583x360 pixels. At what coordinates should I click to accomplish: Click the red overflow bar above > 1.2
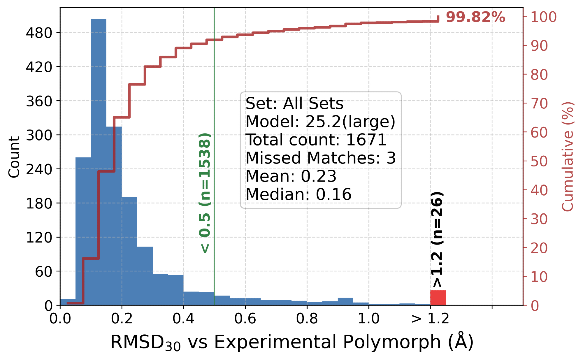tap(438, 298)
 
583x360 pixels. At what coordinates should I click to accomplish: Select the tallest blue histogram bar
tap(99, 162)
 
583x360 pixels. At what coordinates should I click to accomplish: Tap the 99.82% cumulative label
tap(475, 17)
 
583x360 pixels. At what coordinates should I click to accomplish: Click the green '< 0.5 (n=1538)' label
tap(205, 193)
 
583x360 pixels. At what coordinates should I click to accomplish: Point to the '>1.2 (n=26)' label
tap(437, 239)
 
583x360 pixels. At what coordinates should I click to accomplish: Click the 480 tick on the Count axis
tap(39, 33)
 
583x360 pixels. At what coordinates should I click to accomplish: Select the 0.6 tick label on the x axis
tap(245, 318)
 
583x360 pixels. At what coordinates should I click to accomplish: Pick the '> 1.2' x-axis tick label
tap(430, 318)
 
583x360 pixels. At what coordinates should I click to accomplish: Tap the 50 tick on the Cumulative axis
tap(539, 161)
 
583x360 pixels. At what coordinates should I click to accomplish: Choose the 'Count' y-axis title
tap(14, 157)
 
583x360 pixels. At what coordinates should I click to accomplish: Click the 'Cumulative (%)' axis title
tap(567, 157)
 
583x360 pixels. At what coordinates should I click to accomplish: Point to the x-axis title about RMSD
tap(291, 342)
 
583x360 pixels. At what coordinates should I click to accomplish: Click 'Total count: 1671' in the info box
tap(316, 140)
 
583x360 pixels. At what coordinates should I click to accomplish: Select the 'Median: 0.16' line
tap(298, 194)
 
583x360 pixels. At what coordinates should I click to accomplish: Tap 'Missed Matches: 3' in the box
tap(320, 158)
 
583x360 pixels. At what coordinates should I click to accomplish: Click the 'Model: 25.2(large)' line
tap(320, 122)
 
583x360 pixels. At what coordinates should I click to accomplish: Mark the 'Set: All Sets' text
tap(294, 103)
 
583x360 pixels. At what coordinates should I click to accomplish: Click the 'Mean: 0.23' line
tap(291, 176)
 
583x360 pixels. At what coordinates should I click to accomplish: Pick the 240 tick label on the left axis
tap(39, 169)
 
